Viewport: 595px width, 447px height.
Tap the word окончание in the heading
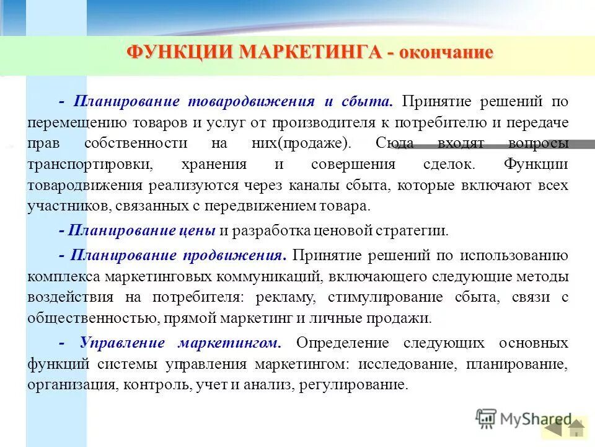tap(446, 52)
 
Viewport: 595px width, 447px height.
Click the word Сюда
tap(394, 143)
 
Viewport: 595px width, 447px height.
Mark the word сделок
tap(446, 165)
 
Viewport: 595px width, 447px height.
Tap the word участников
tap(64, 207)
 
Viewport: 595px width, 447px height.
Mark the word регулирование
tap(353, 385)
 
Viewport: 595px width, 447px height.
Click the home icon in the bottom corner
tap(577, 429)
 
